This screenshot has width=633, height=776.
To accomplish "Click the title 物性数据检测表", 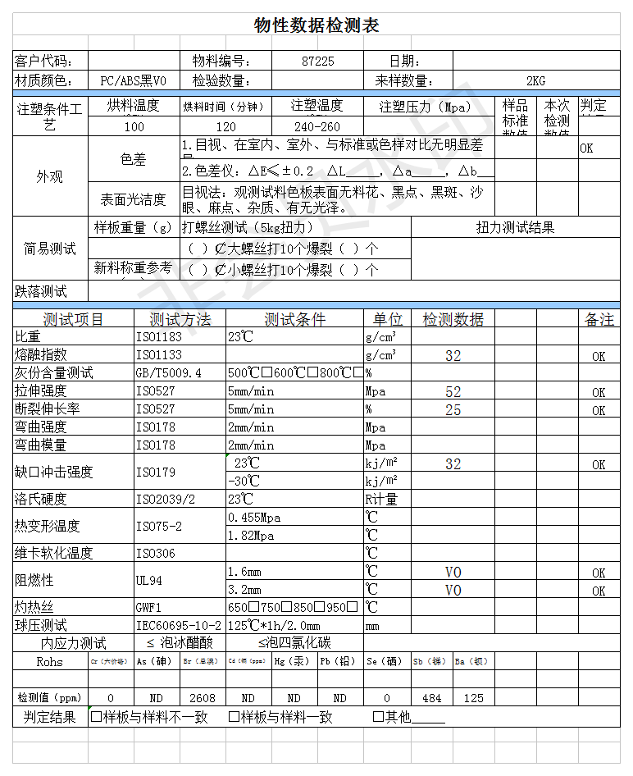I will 316,25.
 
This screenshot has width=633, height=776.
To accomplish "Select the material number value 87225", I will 318,61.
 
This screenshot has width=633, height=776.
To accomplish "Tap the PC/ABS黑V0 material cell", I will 133,80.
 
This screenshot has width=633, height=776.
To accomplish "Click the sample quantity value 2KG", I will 535,80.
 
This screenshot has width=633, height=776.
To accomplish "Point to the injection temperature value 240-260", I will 316,126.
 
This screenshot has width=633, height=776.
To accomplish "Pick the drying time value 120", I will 225,126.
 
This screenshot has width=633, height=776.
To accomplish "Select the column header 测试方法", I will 180,319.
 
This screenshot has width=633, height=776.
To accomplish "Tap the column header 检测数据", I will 453,319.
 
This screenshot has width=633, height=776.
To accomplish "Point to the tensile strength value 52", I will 453,392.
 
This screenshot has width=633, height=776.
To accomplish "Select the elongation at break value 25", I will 453,409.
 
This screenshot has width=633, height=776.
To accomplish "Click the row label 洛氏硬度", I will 41,499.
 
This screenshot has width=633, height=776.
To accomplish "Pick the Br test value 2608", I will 203,698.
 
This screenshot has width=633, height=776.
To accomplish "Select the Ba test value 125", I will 474,698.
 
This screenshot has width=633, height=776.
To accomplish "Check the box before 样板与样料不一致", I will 96,717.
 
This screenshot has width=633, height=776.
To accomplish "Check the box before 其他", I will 378,717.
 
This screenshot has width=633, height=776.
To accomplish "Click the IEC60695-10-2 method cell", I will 179,625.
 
